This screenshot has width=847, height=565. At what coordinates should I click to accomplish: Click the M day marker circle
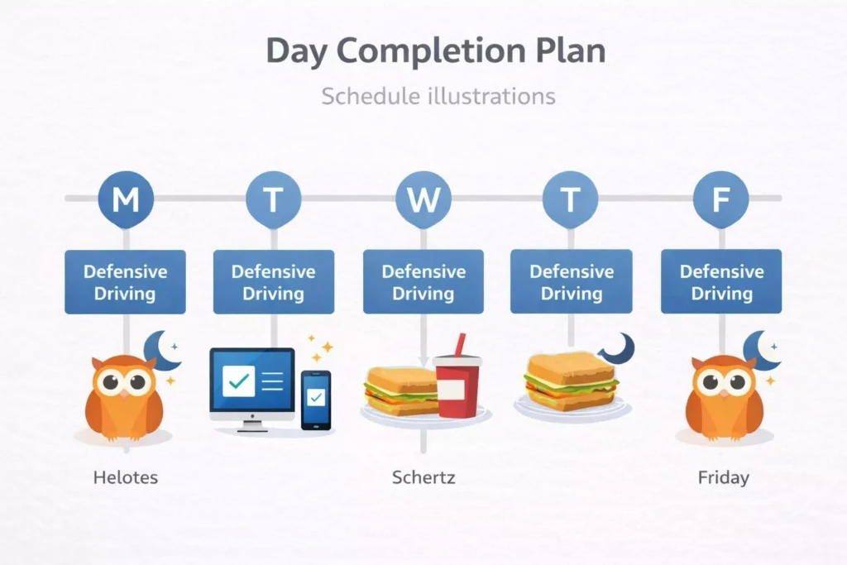click(126, 199)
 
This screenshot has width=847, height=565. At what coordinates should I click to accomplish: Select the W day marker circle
click(423, 199)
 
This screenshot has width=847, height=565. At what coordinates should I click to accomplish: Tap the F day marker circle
click(720, 199)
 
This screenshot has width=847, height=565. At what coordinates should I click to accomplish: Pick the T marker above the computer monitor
click(274, 199)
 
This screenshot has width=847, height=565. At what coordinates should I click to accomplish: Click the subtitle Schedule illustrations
click(438, 96)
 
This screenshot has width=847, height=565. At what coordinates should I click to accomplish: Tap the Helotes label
click(126, 477)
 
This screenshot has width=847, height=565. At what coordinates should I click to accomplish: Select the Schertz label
click(423, 477)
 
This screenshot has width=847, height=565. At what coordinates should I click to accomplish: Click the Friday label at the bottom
click(723, 477)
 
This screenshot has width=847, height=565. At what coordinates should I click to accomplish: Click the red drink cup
click(457, 384)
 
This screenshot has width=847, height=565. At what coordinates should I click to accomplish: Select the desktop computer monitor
click(252, 381)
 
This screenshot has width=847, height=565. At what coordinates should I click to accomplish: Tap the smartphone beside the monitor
click(315, 399)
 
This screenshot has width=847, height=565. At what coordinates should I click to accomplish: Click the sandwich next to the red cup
click(401, 392)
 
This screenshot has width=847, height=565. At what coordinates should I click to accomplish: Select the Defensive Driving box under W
click(423, 282)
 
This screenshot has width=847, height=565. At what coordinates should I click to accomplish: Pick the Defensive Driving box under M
click(126, 282)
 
